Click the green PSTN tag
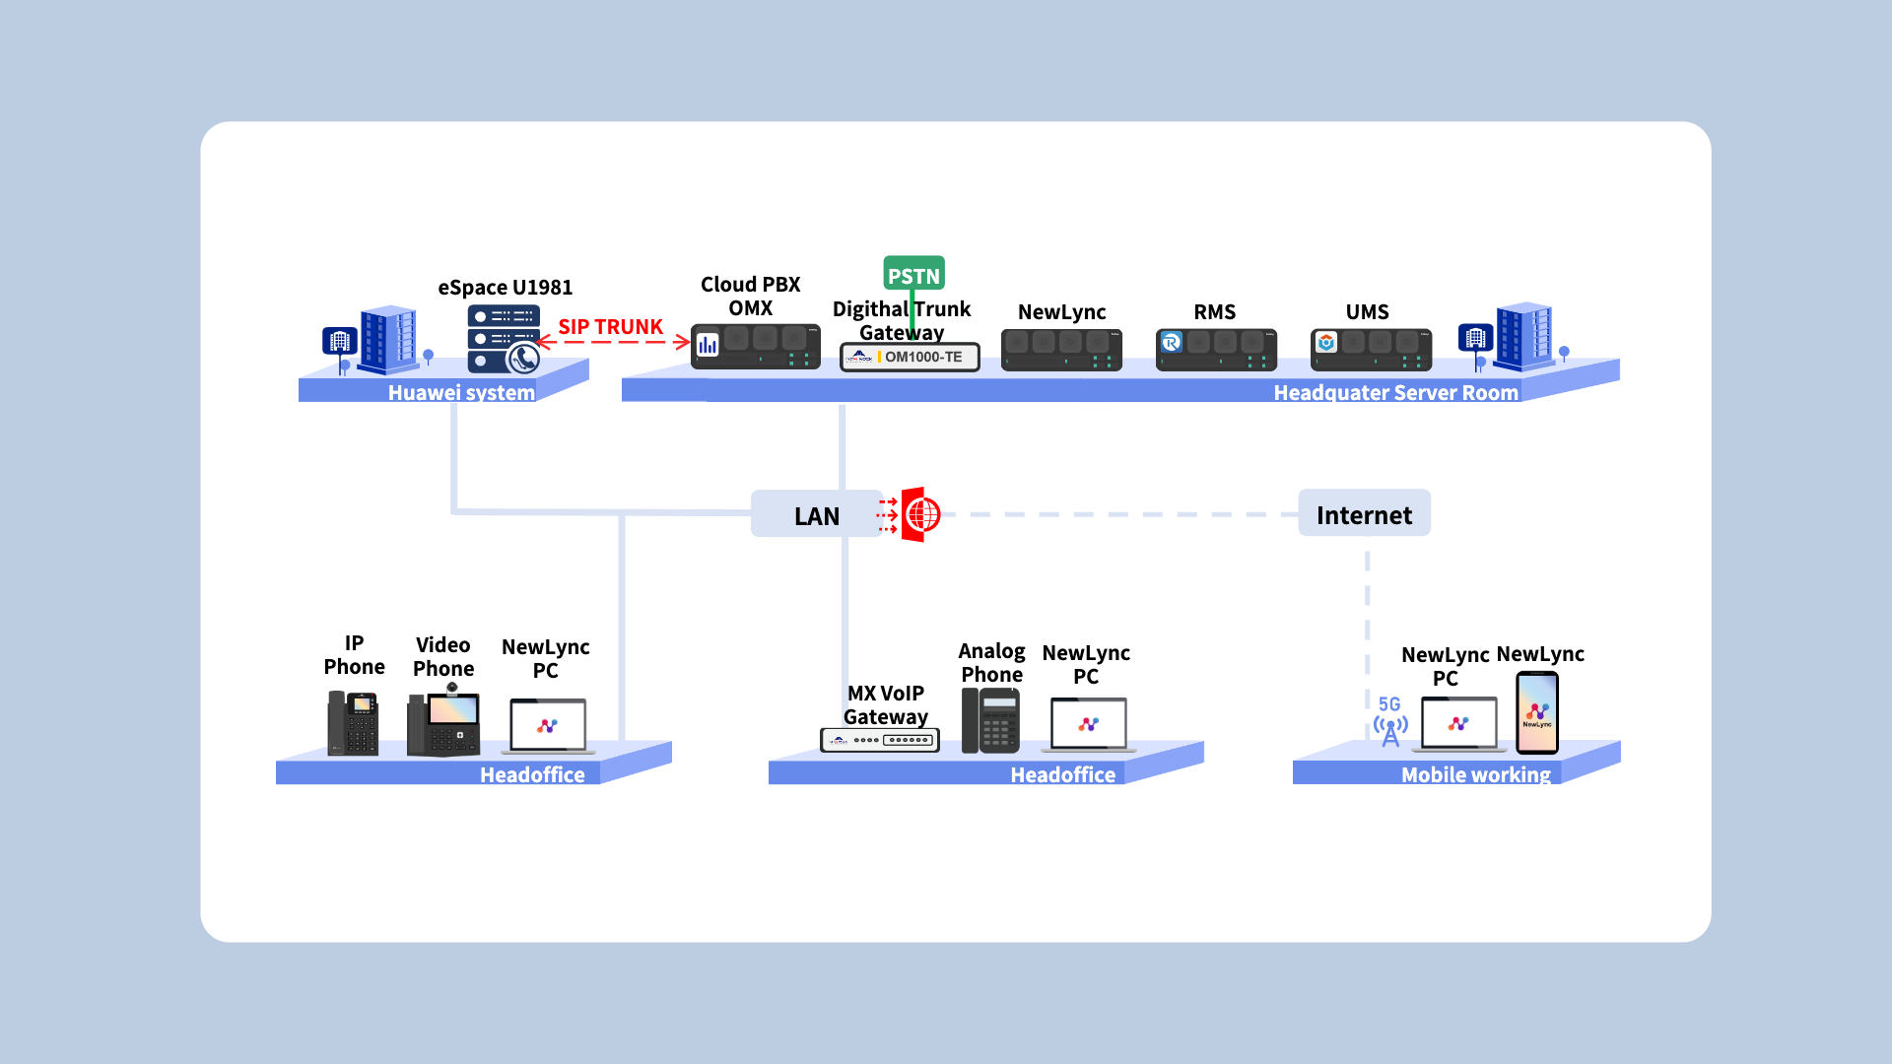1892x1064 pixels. coord(913,274)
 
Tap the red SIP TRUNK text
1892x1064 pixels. coord(610,326)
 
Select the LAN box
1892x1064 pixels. coord(816,514)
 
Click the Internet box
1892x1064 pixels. coord(1364,513)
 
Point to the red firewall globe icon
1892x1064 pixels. coord(920,514)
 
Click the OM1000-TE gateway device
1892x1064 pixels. coord(910,357)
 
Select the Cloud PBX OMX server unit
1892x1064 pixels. coord(755,346)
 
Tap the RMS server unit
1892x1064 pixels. coord(1216,350)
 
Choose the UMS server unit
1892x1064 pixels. coord(1371,350)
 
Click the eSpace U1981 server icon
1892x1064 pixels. coord(504,339)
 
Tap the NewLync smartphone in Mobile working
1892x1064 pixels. coord(1537,712)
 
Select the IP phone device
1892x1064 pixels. coord(353,723)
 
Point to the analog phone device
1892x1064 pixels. coord(990,720)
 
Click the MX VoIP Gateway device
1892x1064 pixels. coord(880,740)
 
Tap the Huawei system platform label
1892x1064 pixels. coord(461,392)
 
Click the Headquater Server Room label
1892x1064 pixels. coord(1396,392)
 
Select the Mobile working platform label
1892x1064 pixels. coord(1476,774)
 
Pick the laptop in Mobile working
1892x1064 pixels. coord(1459,724)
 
